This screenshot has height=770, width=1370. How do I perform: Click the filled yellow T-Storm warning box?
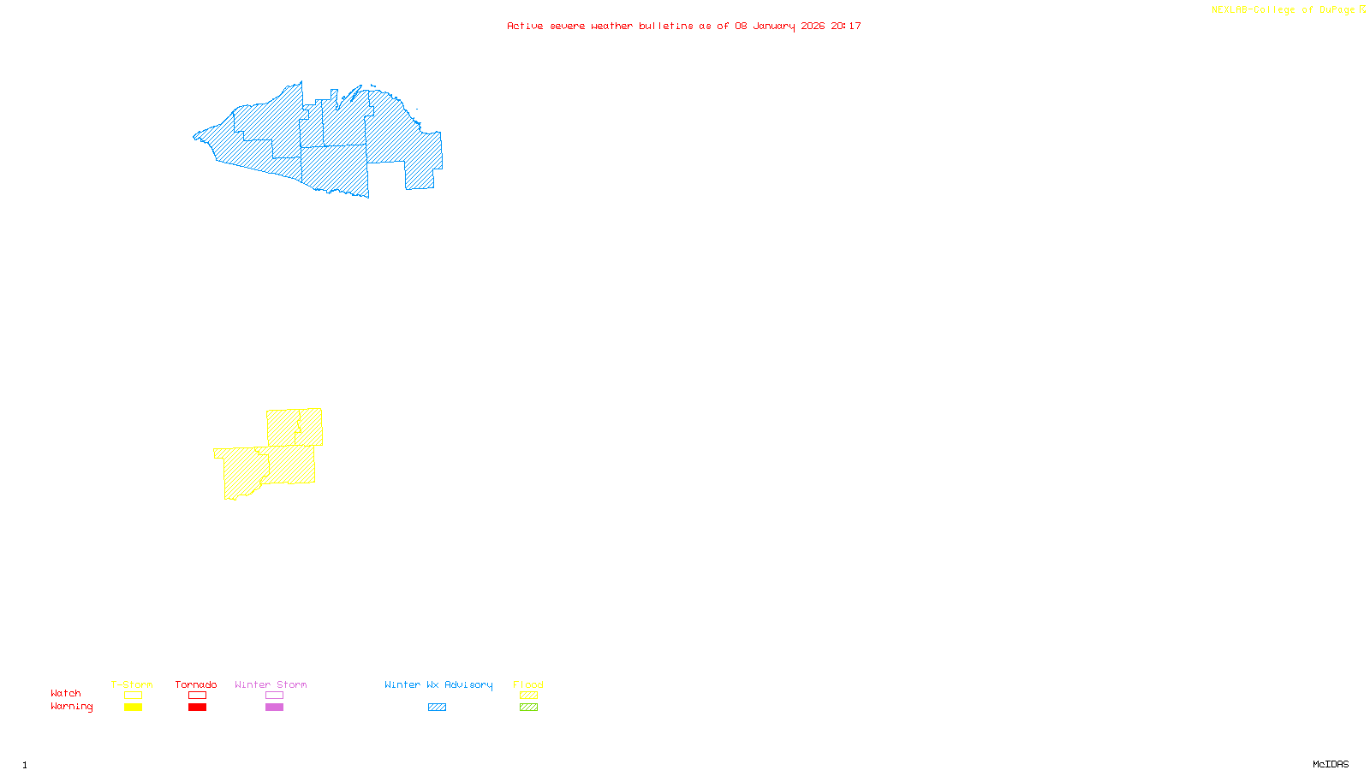pos(133,708)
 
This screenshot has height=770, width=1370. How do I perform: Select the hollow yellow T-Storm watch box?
pos(133,696)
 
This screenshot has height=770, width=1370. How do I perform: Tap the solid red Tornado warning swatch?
pos(197,708)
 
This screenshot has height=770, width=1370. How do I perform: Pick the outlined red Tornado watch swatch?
pos(197,696)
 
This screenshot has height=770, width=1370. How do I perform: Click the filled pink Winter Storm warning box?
pos(274,708)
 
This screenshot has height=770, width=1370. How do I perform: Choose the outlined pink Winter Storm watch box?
pos(274,696)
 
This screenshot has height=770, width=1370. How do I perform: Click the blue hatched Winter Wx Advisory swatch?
pos(437,708)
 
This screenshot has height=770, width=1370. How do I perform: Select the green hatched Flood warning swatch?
pos(528,708)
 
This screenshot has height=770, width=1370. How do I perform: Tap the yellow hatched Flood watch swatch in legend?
pos(528,696)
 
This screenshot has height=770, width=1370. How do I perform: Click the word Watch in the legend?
pos(66,694)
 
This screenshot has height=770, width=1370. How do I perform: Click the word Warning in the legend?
pos(71,707)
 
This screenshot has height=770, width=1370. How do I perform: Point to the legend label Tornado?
pos(196,684)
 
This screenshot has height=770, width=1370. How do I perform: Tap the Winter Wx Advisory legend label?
pos(438,684)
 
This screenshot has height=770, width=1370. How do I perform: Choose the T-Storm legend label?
pos(132,684)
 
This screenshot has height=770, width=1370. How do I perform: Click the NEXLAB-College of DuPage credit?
pos(1284,10)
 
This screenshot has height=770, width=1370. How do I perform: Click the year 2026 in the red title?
pos(813,26)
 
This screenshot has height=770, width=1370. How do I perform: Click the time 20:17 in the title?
pos(846,26)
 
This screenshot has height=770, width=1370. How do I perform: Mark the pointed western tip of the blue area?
pos(194,136)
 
